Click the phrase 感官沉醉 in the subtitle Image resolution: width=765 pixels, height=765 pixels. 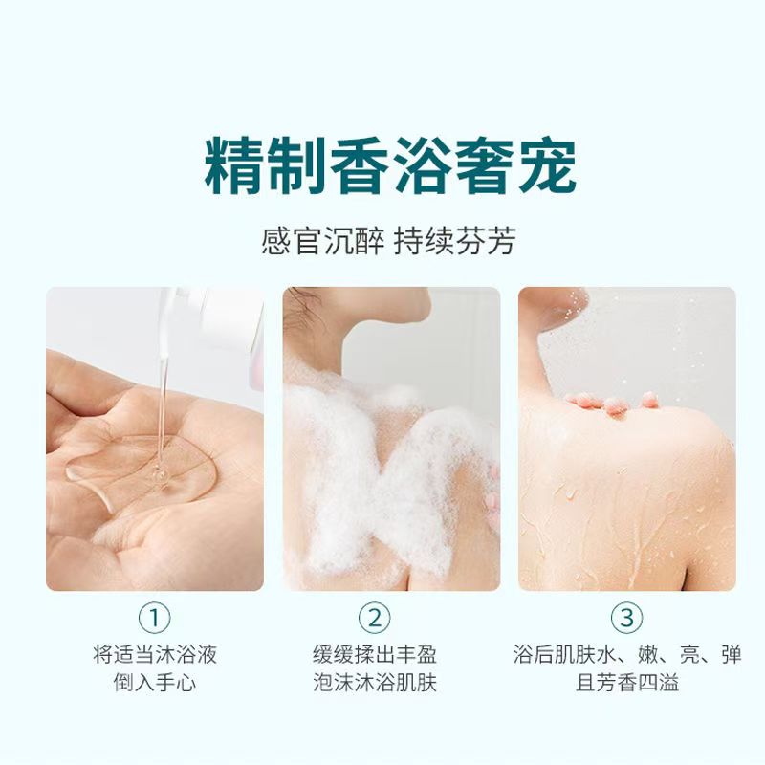click(322, 241)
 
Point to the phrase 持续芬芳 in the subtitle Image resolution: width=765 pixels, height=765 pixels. click(455, 241)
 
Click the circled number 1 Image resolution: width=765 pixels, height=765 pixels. click(155, 618)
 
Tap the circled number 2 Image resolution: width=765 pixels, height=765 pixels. click(374, 618)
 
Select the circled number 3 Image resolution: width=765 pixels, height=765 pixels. click(627, 618)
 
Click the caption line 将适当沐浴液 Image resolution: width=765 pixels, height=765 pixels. click(155, 654)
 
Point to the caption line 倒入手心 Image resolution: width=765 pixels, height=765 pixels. click(155, 683)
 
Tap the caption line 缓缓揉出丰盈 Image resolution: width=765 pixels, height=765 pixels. click(375, 654)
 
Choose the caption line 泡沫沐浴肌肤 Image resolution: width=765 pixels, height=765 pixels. click(375, 683)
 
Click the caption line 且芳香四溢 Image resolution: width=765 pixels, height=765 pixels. click(627, 683)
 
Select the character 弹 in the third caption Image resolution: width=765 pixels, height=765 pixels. click(732, 654)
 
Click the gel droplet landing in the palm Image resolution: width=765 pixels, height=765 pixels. click(160, 475)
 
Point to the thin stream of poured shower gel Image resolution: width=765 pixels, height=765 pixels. click(164, 390)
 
